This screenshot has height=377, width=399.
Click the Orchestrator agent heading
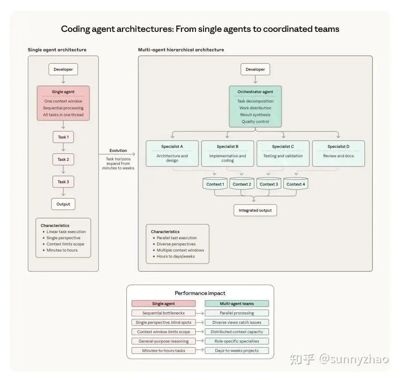coord(255,92)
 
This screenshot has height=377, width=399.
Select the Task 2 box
coord(63,159)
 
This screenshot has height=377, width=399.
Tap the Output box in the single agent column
coord(63,204)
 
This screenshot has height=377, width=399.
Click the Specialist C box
coord(283,153)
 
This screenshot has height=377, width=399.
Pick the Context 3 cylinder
coord(269,184)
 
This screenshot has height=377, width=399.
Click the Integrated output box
coord(255,210)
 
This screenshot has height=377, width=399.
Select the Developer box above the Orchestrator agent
coord(255,70)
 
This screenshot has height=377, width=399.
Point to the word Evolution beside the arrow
coord(118,151)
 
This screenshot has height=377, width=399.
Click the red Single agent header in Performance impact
coord(163,303)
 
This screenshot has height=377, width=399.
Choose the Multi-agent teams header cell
coord(237,303)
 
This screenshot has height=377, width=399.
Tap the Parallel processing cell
coord(237,313)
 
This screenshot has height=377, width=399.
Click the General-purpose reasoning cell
coord(163,341)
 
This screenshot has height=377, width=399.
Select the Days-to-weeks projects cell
coord(237,350)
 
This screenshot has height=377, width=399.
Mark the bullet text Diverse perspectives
coord(176,244)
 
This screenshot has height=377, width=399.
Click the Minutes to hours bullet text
coord(62,250)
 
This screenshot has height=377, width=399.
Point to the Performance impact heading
coord(200,293)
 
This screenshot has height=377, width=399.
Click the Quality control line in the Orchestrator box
coord(255,122)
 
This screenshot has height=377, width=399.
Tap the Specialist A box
coord(172,153)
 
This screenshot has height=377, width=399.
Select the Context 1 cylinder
coord(215,184)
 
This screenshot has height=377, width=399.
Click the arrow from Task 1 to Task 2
coord(63,148)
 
